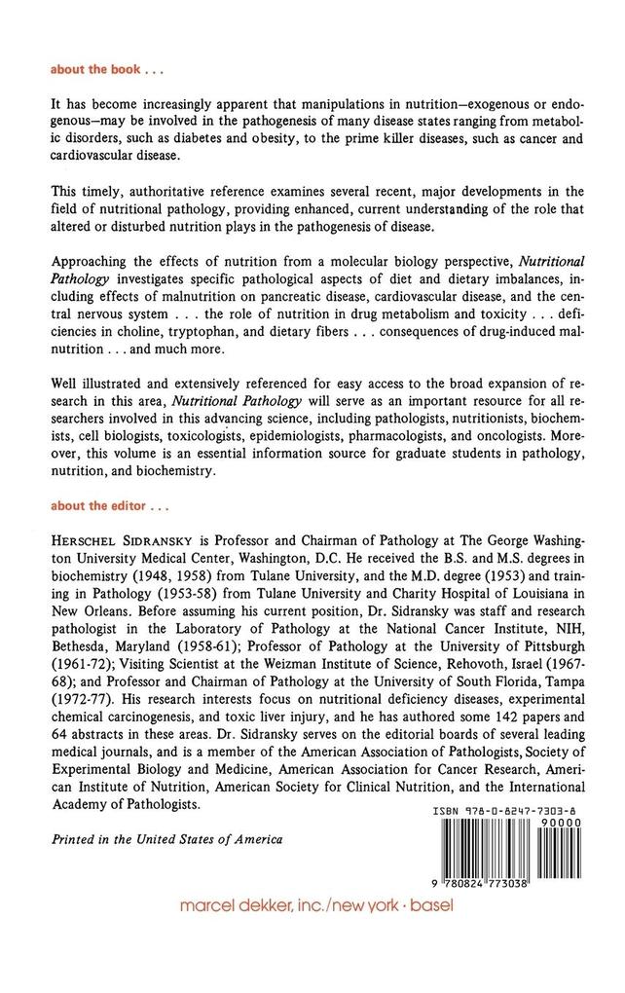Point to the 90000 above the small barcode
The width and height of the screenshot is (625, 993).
[562, 824]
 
